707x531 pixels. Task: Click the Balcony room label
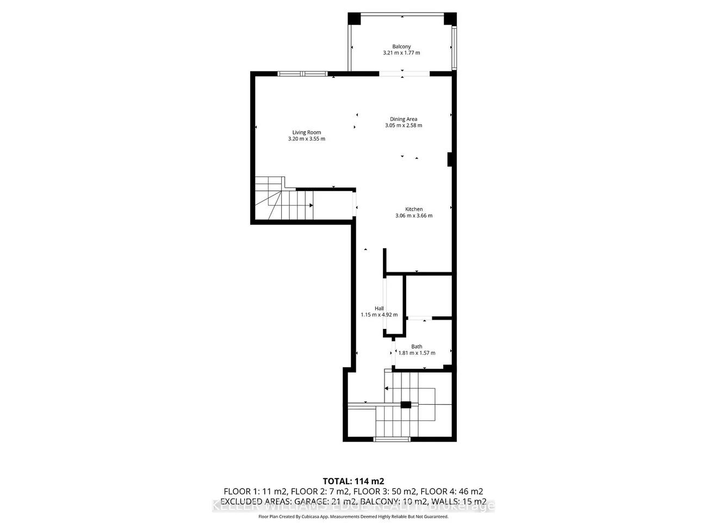point(401,47)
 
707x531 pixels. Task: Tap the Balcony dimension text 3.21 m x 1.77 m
point(401,53)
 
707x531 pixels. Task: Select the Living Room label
point(307,132)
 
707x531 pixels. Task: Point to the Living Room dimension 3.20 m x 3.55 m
point(307,139)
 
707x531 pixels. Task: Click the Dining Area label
point(404,119)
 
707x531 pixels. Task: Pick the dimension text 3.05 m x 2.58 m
point(404,125)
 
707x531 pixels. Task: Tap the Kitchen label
point(414,209)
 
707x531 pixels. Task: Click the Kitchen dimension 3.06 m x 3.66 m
point(414,216)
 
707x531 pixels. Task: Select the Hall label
point(379,308)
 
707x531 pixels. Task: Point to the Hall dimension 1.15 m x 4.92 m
point(379,315)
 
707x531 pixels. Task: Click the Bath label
point(417,346)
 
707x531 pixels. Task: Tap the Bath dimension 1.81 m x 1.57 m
point(417,353)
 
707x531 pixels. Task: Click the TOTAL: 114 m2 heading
point(353,481)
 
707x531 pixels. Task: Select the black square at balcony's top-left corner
point(355,19)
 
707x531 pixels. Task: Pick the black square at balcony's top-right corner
point(450,19)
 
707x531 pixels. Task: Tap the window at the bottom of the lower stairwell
point(392,439)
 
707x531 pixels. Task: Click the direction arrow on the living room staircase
point(311,205)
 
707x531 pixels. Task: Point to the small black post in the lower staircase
point(406,404)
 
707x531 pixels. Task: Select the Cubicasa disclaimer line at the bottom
point(353,516)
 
